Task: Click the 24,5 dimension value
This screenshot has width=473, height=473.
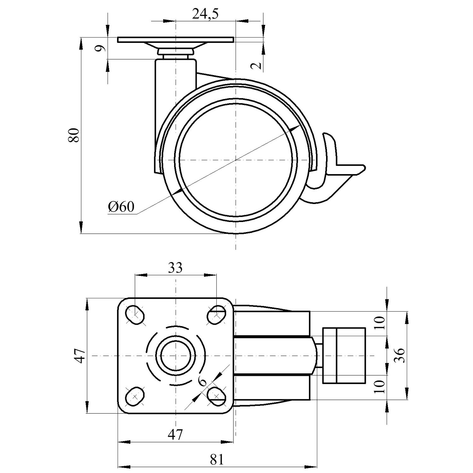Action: coord(205,14)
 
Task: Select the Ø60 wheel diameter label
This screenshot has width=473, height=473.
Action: coord(121,207)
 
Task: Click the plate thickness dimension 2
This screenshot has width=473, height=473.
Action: coord(257,65)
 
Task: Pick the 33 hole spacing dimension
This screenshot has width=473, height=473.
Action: coord(175,268)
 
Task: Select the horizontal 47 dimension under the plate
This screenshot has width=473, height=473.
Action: coord(175,435)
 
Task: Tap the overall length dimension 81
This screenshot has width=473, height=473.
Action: coord(217,459)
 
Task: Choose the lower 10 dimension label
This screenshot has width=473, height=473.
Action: coord(381,386)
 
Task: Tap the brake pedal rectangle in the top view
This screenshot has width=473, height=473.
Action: coord(344,356)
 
